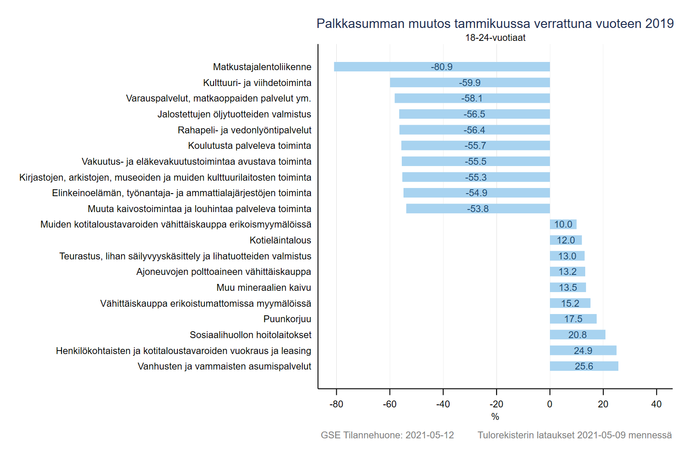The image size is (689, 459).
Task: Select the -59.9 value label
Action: [469, 83]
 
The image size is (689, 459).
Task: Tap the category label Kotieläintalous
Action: [280, 240]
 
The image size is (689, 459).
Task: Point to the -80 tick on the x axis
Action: [336, 404]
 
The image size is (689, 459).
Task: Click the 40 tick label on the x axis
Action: [656, 404]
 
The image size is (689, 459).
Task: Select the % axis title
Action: [495, 416]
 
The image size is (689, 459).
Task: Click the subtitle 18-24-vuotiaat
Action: [495, 38]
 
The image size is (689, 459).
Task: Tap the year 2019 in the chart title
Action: [659, 24]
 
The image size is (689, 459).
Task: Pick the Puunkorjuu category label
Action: [287, 319]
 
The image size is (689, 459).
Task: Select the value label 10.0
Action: [563, 225]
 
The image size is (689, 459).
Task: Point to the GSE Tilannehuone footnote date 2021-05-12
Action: [429, 435]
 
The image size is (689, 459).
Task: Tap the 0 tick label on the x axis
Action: [549, 404]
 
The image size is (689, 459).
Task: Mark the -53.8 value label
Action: [478, 209]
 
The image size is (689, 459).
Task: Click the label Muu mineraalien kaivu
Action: [264, 288]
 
